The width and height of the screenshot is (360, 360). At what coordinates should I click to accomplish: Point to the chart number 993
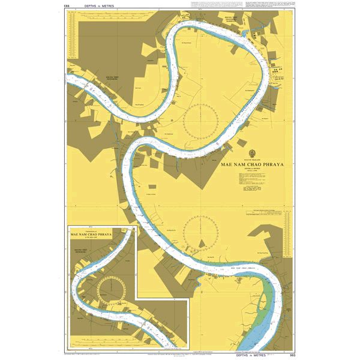click(x=292, y=355)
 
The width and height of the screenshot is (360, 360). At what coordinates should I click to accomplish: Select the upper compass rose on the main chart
click(x=200, y=119)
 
